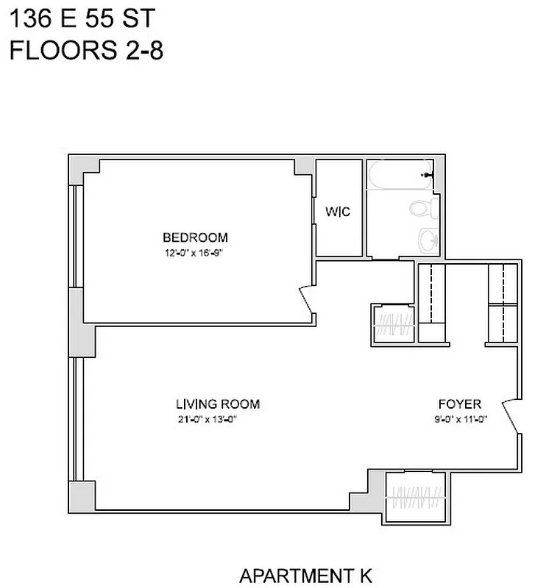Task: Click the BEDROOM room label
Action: point(195,237)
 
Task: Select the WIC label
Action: point(338,212)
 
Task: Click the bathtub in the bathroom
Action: point(401,176)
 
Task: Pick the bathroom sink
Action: point(428,239)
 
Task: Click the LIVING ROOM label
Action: point(217,404)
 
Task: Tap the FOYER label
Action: point(459,404)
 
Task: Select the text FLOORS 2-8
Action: point(85,51)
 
